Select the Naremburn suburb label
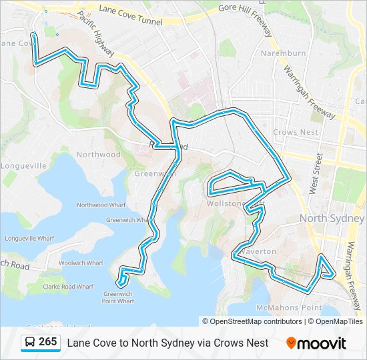[x=283, y=53]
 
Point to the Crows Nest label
[x=295, y=133]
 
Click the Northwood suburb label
[x=99, y=155]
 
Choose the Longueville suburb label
[x=24, y=165]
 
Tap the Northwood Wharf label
[x=101, y=205]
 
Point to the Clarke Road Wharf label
[x=68, y=287]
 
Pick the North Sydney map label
[x=332, y=219]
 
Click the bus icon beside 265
[x=30, y=343]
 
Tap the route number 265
[x=47, y=342]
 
